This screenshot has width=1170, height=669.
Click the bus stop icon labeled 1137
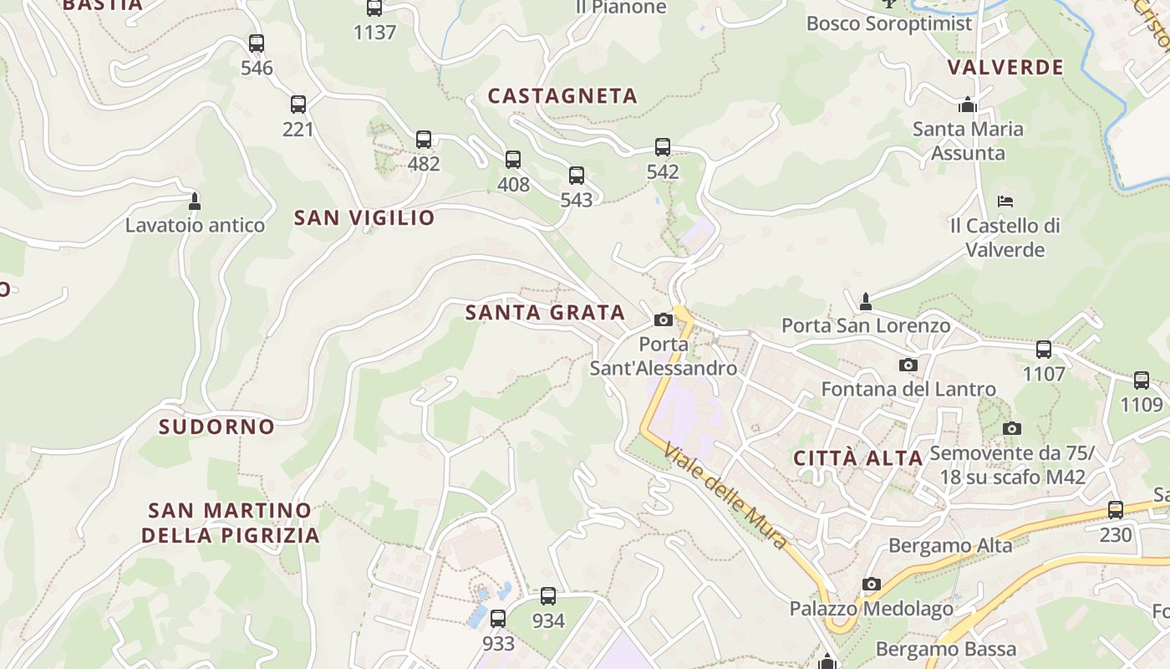point(374,8)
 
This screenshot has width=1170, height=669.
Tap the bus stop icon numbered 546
point(257,43)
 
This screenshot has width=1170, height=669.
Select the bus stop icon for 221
point(298,105)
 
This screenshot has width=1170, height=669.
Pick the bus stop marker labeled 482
point(424,140)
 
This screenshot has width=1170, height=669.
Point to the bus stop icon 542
point(663,147)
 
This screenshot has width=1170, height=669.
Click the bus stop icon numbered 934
point(548,596)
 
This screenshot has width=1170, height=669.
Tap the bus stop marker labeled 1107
point(1044,350)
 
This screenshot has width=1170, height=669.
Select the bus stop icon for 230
point(1116,510)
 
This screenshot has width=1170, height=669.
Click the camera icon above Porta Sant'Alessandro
point(664,319)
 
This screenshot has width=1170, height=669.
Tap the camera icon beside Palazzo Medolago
point(872,584)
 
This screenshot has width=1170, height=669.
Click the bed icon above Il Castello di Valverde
point(1005,202)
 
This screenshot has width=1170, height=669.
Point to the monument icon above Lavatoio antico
point(195,201)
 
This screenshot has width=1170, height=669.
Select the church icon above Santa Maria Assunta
point(968,105)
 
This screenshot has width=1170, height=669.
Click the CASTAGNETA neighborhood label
point(562,96)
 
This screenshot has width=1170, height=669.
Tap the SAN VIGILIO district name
point(364,218)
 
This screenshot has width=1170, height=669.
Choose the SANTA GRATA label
point(545,313)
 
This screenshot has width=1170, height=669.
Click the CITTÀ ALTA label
point(857,458)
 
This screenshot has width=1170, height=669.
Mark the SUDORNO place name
point(217,426)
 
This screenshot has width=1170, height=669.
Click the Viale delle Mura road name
point(726,496)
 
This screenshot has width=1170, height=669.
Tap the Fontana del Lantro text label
point(908,389)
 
